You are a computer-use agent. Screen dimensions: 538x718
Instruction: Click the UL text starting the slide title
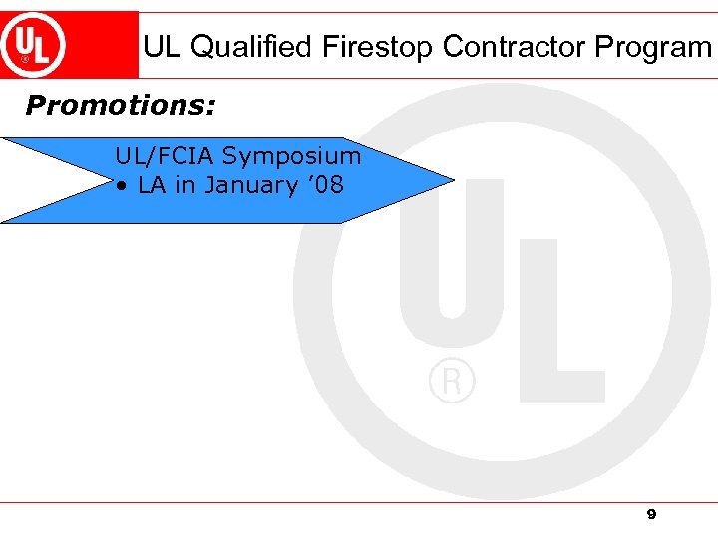point(162,47)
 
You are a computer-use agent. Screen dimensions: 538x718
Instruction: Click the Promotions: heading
point(121,105)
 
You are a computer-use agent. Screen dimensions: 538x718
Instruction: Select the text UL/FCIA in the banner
point(165,156)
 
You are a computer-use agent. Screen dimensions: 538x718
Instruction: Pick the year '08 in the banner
point(327,185)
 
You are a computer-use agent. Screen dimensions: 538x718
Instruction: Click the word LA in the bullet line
point(152,186)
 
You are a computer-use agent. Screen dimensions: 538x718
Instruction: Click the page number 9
point(651,514)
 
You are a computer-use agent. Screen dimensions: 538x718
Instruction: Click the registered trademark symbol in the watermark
point(452,381)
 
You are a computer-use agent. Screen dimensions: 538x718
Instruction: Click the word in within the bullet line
point(183,186)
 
